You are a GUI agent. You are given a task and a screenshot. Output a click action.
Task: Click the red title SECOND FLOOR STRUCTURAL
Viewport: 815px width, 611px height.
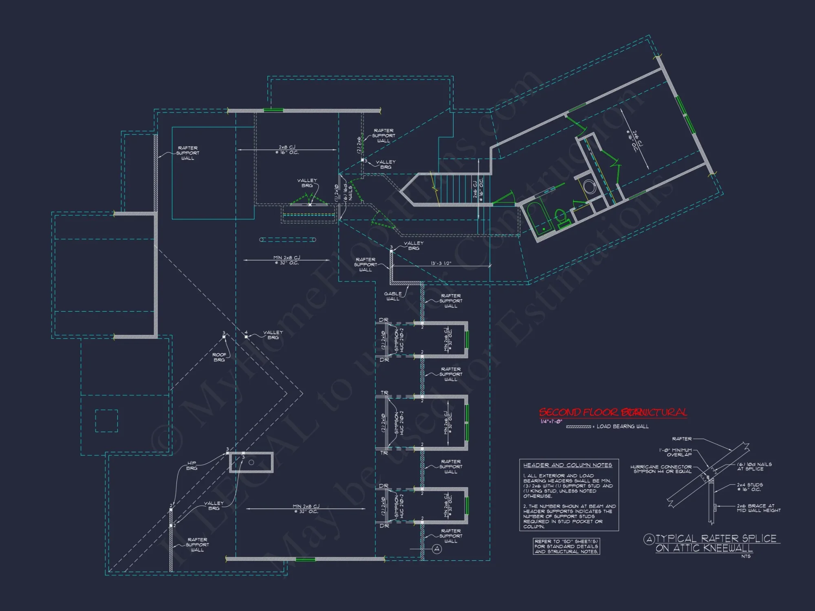click(x=613, y=412)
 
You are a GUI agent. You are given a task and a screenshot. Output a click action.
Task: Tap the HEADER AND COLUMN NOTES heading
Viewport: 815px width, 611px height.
click(x=568, y=465)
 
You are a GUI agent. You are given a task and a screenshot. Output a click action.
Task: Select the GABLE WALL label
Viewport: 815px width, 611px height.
click(x=393, y=296)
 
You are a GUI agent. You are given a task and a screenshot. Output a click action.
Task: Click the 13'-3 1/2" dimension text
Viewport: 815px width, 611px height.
click(x=441, y=263)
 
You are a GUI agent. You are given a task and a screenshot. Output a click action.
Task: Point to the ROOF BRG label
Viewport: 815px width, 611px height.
click(x=219, y=357)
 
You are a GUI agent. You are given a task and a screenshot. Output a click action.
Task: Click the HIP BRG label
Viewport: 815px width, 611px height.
click(x=192, y=466)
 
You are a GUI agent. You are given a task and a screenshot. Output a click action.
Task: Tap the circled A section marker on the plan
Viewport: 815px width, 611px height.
click(x=437, y=549)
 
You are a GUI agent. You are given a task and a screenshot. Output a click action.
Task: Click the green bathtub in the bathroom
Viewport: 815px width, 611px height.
click(x=539, y=218)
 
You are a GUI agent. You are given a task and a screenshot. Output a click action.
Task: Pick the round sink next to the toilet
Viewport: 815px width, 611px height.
click(x=589, y=187)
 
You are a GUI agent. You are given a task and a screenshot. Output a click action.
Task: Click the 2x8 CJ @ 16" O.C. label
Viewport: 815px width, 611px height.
click(x=287, y=149)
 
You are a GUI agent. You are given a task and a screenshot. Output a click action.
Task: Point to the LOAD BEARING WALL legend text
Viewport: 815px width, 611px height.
click(x=622, y=426)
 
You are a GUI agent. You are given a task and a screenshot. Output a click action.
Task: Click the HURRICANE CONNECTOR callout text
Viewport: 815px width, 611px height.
click(x=661, y=469)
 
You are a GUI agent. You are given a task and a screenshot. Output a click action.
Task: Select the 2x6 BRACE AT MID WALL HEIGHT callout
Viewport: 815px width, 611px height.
click(x=758, y=508)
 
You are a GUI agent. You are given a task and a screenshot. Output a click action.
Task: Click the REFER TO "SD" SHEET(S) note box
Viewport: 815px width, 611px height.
click(x=566, y=546)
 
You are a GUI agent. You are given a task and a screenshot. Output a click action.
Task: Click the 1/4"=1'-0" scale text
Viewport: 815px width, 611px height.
click(x=551, y=422)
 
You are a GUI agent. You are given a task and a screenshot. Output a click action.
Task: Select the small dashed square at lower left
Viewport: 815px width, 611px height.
click(x=106, y=421)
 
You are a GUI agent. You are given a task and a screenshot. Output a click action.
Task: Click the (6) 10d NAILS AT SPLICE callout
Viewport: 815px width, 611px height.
click(x=754, y=466)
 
